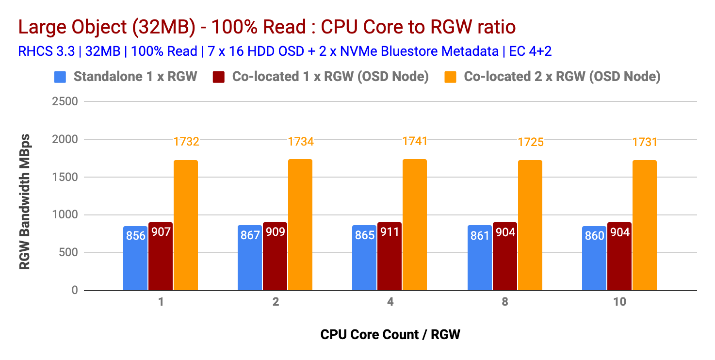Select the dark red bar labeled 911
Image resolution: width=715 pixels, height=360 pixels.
[390, 256]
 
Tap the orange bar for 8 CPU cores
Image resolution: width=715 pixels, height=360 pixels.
[530, 225]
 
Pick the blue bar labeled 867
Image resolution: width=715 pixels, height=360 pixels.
[250, 258]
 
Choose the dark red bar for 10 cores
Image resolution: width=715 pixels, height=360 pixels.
[619, 256]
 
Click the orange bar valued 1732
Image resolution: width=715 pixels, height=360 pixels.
[186, 225]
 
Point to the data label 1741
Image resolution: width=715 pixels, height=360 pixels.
[415, 141]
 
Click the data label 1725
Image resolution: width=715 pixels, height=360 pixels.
[530, 142]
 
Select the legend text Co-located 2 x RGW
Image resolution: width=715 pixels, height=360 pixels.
[562, 77]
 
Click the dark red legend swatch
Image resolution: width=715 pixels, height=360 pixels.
[219, 77]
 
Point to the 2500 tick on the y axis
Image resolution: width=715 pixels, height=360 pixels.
[65, 102]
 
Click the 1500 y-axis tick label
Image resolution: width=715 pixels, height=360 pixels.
[65, 177]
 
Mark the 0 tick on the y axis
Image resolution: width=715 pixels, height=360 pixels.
[74, 291]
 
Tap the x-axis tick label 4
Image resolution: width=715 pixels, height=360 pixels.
[390, 302]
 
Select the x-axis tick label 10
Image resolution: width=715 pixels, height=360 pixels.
[619, 302]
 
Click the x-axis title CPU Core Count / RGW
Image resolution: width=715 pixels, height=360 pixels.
[390, 334]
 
